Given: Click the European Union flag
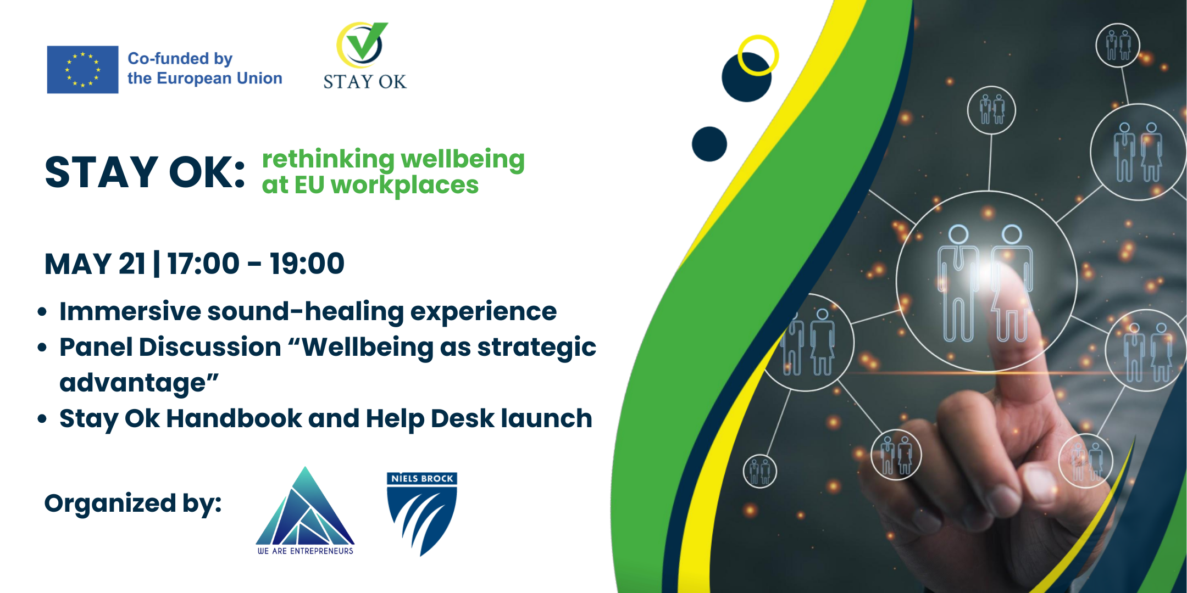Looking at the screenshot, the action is pyautogui.click(x=82, y=70).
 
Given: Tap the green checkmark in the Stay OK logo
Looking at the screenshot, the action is pyautogui.click(x=367, y=41).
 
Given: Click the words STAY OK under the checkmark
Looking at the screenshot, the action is pyautogui.click(x=365, y=82).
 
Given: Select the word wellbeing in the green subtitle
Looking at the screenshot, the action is pyautogui.click(x=463, y=160).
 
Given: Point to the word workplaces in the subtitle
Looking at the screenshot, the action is pyautogui.click(x=404, y=186).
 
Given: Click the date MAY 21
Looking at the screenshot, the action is pyautogui.click(x=95, y=264).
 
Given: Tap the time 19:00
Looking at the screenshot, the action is pyautogui.click(x=307, y=264).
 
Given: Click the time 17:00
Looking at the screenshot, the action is pyautogui.click(x=204, y=264).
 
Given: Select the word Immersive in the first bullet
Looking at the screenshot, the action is pyautogui.click(x=130, y=311).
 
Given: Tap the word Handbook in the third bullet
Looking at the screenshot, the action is pyautogui.click(x=234, y=418).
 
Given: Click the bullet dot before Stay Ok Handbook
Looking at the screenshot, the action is pyautogui.click(x=42, y=419).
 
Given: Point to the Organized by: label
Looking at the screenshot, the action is pyautogui.click(x=133, y=504).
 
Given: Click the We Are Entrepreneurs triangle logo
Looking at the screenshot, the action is pyautogui.click(x=306, y=511).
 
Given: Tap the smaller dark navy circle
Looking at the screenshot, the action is pyautogui.click(x=709, y=144).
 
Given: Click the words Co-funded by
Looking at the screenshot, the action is pyautogui.click(x=180, y=59).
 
